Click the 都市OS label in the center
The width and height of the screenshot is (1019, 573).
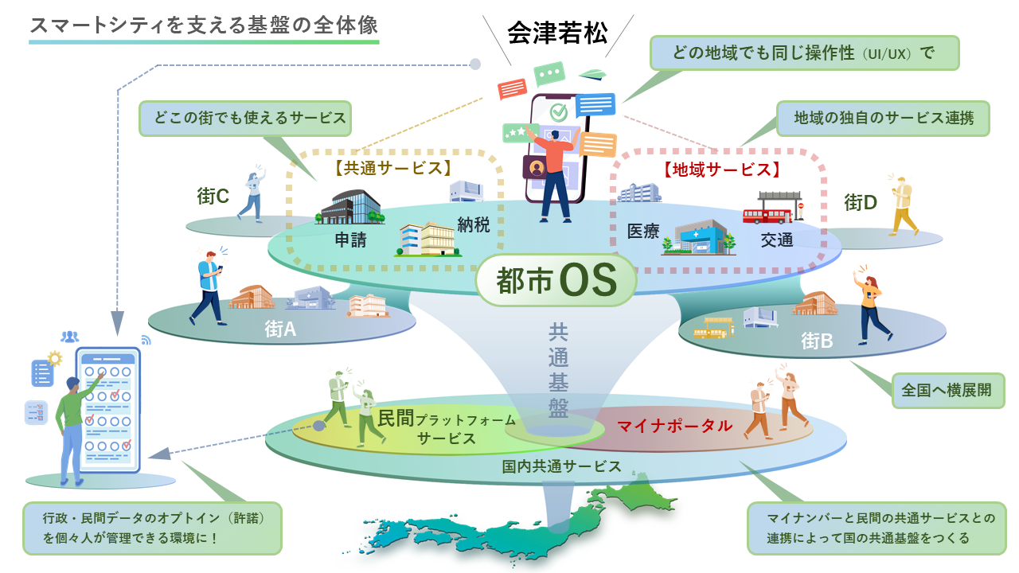pos(556,280)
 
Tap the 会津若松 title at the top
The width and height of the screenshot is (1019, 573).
pos(557,33)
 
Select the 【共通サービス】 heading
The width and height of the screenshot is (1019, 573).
pos(393,168)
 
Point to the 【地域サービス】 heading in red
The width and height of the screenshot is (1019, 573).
pos(722,170)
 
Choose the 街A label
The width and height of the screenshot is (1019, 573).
pos(280,329)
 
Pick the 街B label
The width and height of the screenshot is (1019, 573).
pos(817,341)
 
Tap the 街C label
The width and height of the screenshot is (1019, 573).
pos(213,197)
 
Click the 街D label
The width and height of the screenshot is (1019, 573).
pos(861,202)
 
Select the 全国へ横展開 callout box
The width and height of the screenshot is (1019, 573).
pos(948,391)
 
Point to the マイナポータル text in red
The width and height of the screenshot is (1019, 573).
pos(674,426)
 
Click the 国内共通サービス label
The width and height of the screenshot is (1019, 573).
pos(561,466)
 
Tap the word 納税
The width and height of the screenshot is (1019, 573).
pos(474,224)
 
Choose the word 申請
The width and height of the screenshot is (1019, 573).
pos(351,240)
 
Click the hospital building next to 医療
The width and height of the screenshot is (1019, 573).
pos(698,237)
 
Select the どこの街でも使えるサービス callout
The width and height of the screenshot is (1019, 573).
pos(245,119)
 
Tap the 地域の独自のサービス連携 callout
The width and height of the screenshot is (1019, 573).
pos(884,119)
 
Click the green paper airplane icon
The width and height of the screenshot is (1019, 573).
pos(593,74)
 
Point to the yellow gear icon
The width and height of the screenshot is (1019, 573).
pos(55,359)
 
